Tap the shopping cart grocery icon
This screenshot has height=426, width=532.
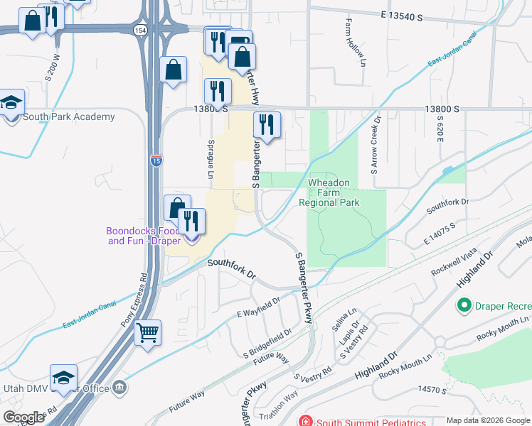[x=147, y=332]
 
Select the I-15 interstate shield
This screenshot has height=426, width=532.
[x=156, y=161]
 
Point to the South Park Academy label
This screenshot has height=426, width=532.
[x=68, y=117]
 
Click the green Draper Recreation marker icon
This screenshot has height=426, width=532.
[x=464, y=305]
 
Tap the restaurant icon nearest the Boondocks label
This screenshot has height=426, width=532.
[x=190, y=222]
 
